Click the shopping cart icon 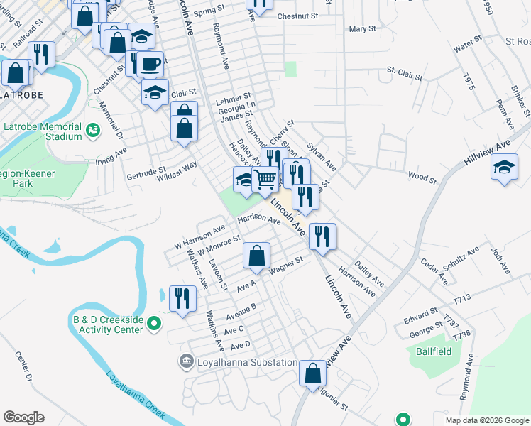click(265, 180)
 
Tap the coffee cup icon click(149, 64)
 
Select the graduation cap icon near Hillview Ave click(504, 168)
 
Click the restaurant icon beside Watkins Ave click(183, 298)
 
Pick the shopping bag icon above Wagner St click(257, 256)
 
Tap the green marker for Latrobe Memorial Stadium click(92, 131)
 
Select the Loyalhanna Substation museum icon click(186, 362)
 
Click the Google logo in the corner click(23, 417)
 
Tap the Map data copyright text click(487, 420)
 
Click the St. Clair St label click(404, 73)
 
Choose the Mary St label click(362, 29)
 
